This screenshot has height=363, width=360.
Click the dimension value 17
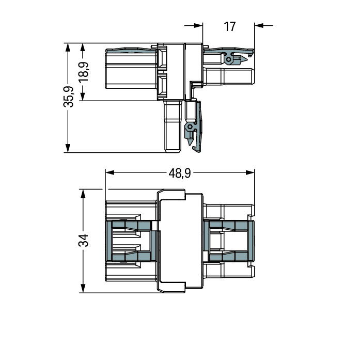(230, 26)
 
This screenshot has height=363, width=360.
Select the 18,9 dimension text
(84, 72)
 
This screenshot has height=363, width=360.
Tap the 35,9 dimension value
(68, 97)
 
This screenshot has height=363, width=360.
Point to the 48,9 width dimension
(180, 173)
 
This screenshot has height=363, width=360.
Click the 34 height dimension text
(84, 240)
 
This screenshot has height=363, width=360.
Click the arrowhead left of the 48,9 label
(109, 172)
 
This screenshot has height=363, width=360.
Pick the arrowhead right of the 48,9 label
(250, 172)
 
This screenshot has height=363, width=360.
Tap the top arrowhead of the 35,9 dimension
(68, 47)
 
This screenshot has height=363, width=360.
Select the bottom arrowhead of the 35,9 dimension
(68, 148)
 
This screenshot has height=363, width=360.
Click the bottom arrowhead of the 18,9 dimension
(83, 97)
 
